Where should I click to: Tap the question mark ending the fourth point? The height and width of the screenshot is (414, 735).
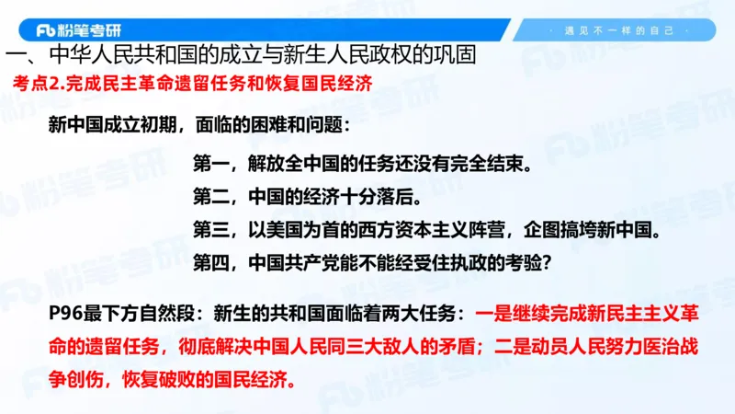click(x=545, y=263)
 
